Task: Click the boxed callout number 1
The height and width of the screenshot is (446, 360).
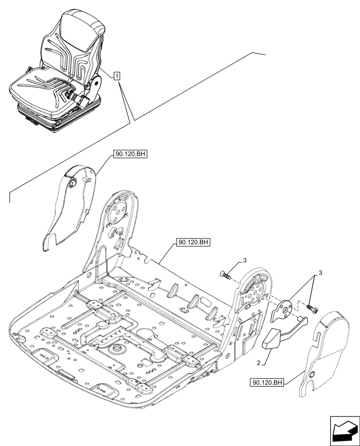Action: [116, 76]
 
